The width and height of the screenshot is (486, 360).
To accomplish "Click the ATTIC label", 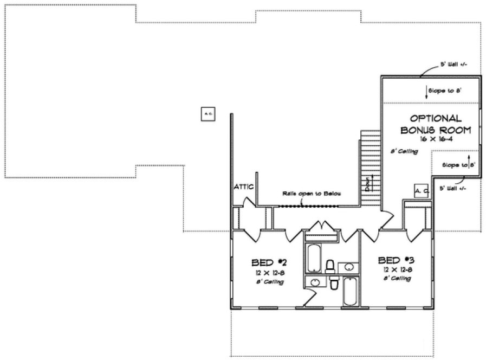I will click(244, 187).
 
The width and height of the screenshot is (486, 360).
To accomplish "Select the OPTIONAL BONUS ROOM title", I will click(436, 124).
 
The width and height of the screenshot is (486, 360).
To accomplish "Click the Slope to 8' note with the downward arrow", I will click(444, 91).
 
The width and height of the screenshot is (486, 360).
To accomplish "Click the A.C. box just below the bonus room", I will click(421, 191).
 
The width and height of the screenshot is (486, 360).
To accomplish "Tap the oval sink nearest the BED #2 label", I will click(314, 282).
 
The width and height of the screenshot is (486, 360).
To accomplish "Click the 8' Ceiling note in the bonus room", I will click(404, 151).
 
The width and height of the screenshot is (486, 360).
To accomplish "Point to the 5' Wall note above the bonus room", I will click(453, 65).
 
